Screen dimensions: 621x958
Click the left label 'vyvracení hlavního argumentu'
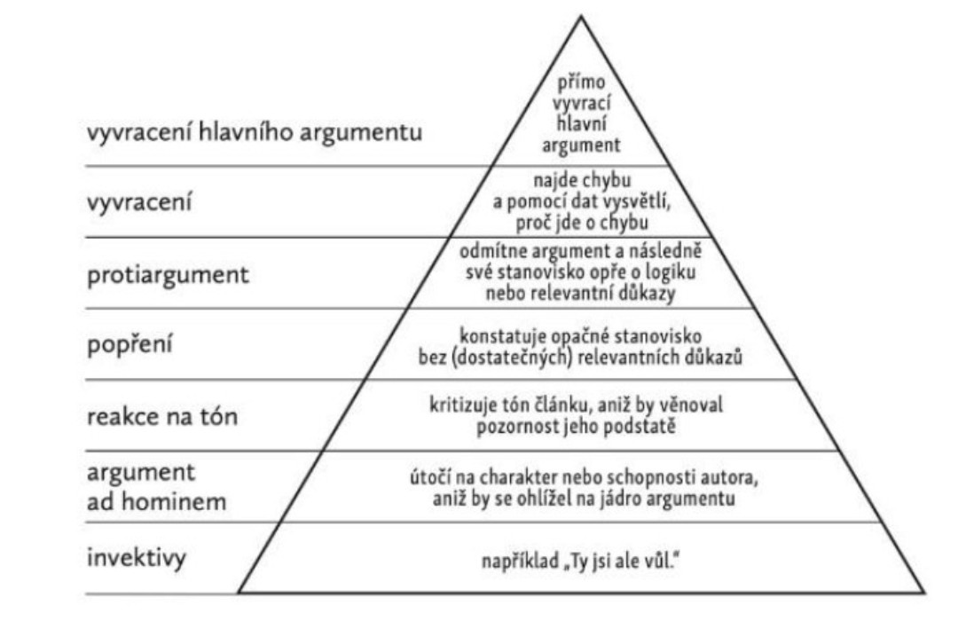click(254, 135)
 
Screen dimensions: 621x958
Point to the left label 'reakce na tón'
click(162, 416)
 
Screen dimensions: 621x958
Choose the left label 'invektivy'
click(137, 559)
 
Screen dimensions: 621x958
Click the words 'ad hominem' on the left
click(156, 501)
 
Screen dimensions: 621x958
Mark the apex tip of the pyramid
click(582, 15)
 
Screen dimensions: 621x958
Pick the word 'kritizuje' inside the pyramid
click(464, 405)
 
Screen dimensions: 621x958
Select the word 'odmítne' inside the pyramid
click(489, 250)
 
